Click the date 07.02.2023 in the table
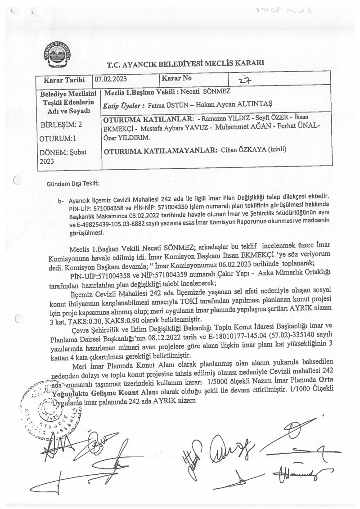111,78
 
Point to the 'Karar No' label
177,78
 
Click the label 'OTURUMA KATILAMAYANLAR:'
160,151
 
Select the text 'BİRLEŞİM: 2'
61,124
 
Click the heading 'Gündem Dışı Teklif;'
72,183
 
